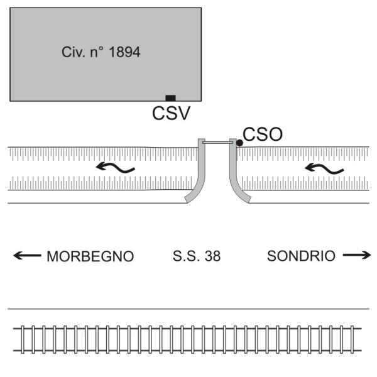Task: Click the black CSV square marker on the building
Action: point(170,98)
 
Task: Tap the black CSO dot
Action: point(239,143)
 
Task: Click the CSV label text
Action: point(171,113)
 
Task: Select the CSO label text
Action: point(263,134)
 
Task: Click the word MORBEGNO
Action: point(90,256)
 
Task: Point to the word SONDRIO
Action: point(301,256)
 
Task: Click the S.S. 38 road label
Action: point(197,256)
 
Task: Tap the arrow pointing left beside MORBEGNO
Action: point(27,255)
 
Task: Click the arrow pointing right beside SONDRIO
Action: point(357,255)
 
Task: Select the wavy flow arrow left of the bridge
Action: point(115,168)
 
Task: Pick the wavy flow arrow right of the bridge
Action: point(324,168)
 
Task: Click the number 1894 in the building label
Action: point(124,52)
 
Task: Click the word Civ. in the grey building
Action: point(74,52)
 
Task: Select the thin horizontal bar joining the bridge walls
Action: point(217,143)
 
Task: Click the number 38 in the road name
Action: point(213,256)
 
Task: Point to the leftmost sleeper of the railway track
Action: point(23,339)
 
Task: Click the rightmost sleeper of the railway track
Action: point(352,339)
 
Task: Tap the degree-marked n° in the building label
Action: point(97,52)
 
